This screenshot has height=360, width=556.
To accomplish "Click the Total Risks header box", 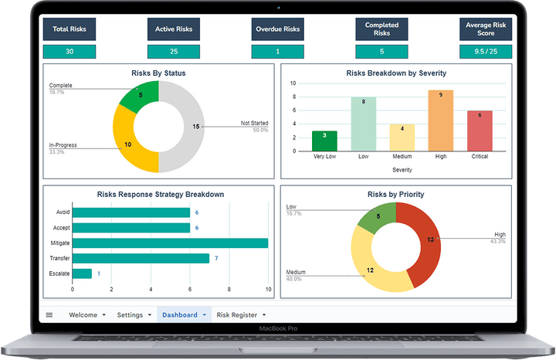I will (x=69, y=29).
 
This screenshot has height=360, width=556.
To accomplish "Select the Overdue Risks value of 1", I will (x=278, y=52).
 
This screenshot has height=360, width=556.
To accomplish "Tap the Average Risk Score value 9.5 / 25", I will (x=486, y=52).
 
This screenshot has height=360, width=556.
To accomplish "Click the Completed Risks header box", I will (x=382, y=29).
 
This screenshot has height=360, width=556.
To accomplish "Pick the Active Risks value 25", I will (x=174, y=52).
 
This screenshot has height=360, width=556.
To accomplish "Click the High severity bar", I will (x=440, y=120).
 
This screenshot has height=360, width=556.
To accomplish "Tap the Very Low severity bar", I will (x=324, y=140).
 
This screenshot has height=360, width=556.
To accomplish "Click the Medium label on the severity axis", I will (x=402, y=155).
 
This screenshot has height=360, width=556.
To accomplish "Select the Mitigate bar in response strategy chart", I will (x=170, y=243).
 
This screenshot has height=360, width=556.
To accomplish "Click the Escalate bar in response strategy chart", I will (x=82, y=273).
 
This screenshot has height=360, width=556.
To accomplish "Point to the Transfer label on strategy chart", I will (x=59, y=258).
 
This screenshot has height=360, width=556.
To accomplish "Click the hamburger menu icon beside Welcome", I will (x=49, y=315).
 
